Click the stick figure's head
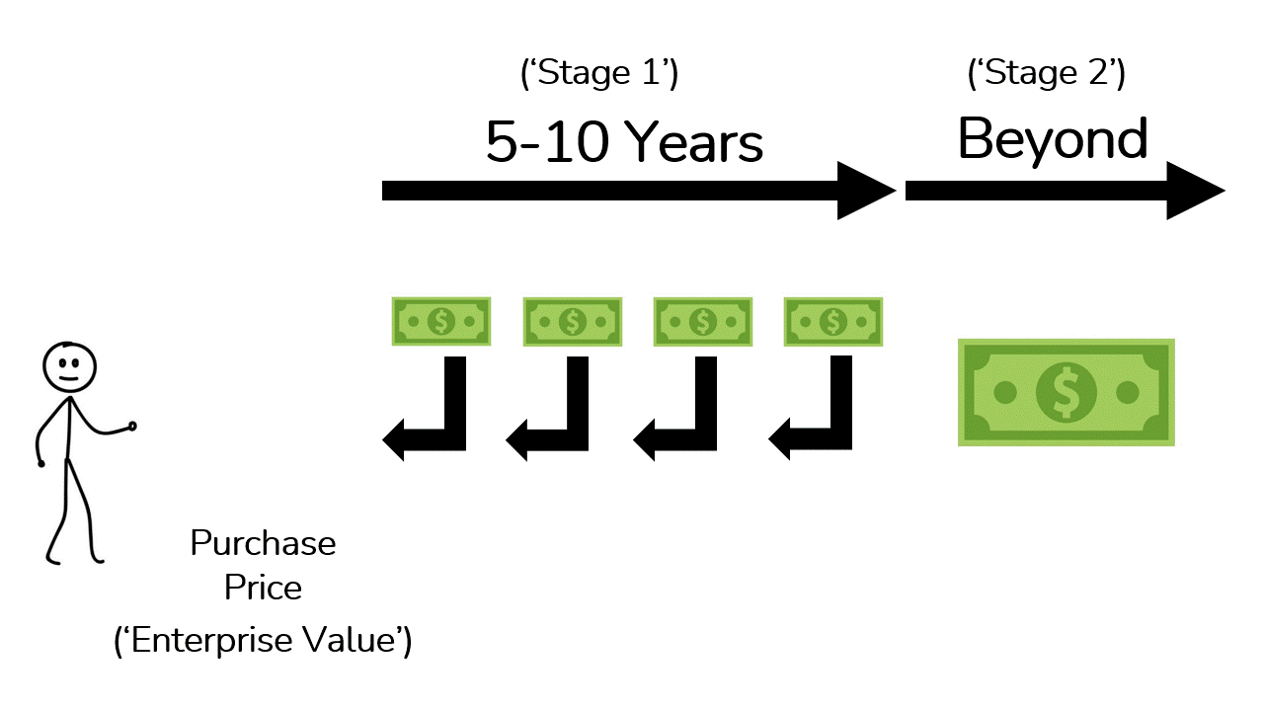click(69, 365)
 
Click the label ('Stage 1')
click(598, 74)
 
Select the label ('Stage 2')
click(1046, 74)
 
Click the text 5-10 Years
click(624, 142)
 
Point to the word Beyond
click(1053, 139)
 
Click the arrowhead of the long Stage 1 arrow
click(865, 191)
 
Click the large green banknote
click(1066, 392)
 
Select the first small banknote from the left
click(441, 321)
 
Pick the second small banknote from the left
click(573, 321)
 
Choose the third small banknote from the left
click(703, 321)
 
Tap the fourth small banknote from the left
click(833, 321)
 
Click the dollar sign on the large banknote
click(1066, 392)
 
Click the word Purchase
click(263, 543)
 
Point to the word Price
click(263, 588)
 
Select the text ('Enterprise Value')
click(263, 641)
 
